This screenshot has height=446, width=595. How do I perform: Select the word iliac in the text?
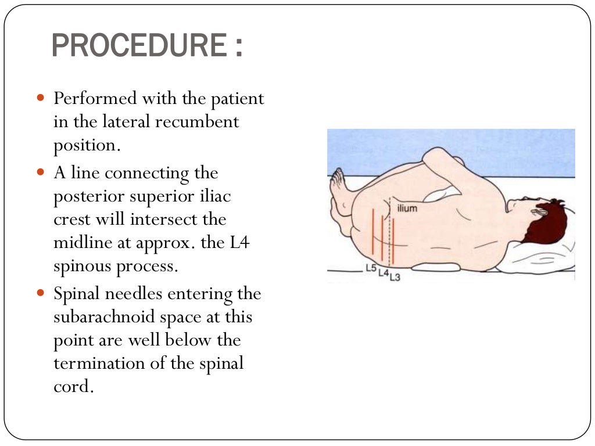click(x=216, y=196)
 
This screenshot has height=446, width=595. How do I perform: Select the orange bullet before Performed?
click(x=40, y=99)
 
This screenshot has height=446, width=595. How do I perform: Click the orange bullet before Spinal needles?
click(x=40, y=294)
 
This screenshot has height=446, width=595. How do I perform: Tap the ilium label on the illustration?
click(x=407, y=208)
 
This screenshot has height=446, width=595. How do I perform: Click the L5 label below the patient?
click(x=371, y=268)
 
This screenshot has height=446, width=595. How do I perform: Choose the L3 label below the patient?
click(x=395, y=277)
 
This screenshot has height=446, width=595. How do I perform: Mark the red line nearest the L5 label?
click(x=372, y=231)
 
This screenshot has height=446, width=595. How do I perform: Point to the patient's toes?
click(x=336, y=180)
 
